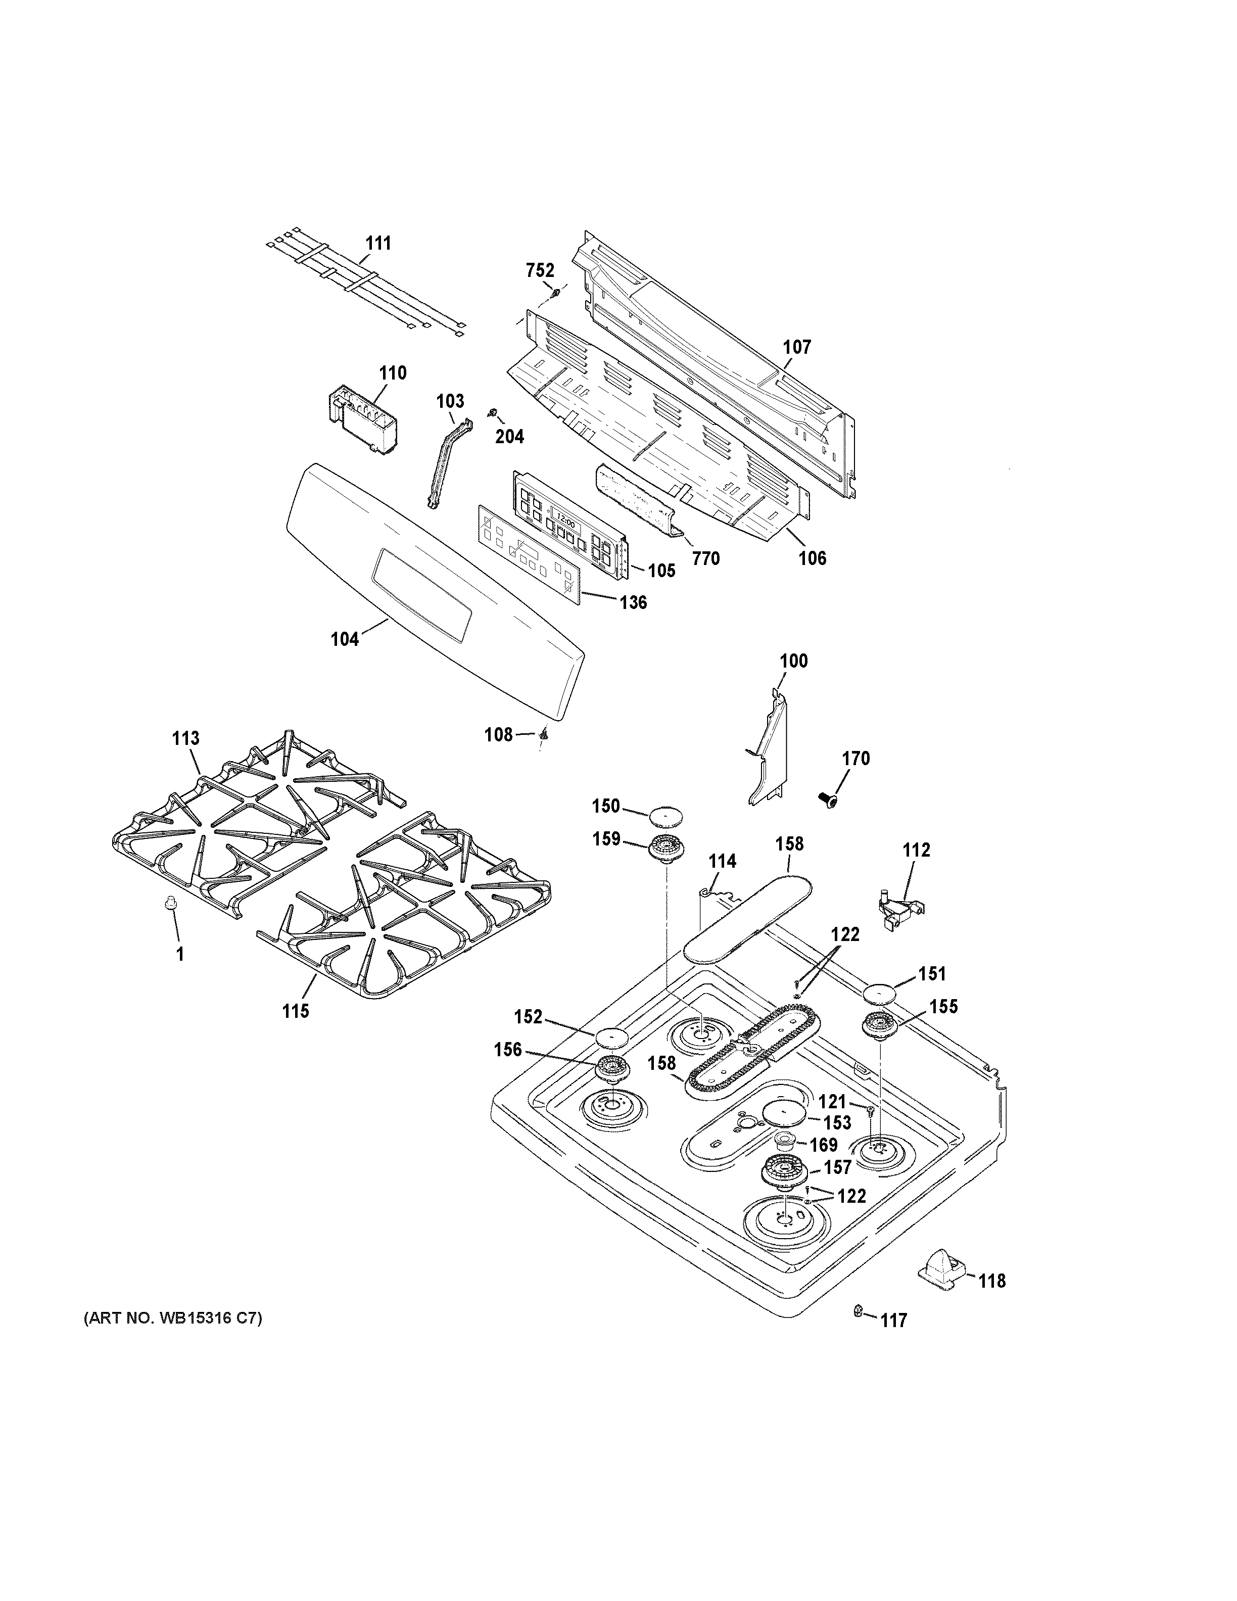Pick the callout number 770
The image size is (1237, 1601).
(x=706, y=558)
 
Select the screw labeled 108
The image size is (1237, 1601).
(x=544, y=733)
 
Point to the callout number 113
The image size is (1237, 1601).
(x=185, y=738)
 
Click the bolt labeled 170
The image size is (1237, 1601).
(x=829, y=798)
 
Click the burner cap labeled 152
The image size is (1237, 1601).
(x=612, y=1038)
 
